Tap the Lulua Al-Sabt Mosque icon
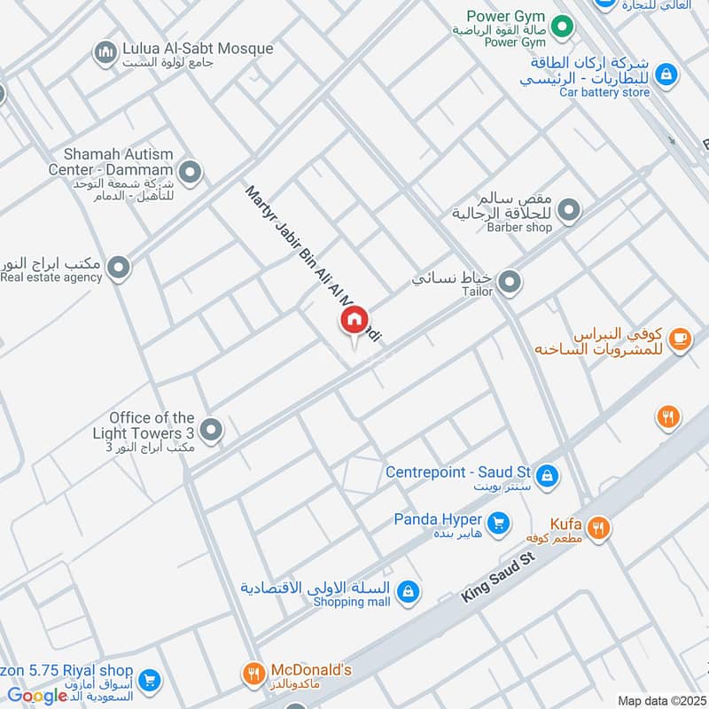pos(105,53)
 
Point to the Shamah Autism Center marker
pos(189,171)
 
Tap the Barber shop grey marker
pos(569,211)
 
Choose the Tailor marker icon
pos(509,284)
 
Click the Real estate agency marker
pos(118,267)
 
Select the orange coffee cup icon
pos(680,339)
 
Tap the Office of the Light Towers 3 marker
pos(210,431)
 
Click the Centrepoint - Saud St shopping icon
pos(547,475)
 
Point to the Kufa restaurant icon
pos(600,528)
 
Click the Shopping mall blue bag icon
pos(408,591)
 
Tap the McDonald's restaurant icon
pos(253,675)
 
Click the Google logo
pos(38,696)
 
